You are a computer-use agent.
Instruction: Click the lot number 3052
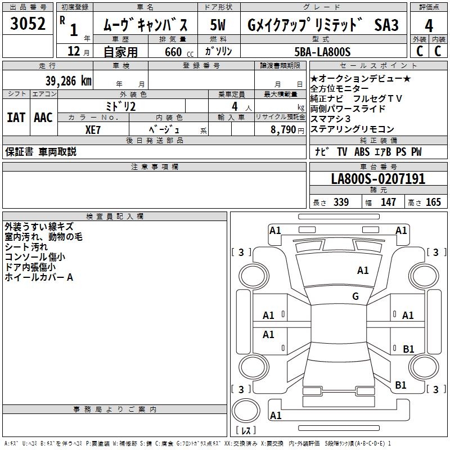pos(28,24)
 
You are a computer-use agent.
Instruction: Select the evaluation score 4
pos(429,25)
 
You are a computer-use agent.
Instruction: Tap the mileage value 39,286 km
pos(68,81)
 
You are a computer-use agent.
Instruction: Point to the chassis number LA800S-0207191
pos(378,179)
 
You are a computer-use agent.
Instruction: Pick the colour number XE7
pos(93,129)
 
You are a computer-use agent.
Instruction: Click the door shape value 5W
pos(219,25)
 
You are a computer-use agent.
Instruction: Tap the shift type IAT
pos(16,118)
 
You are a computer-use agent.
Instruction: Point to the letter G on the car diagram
pos(355,296)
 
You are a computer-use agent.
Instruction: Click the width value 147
pos(388,202)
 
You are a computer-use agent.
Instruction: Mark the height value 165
pos(433,202)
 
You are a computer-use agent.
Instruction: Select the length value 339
pos(341,202)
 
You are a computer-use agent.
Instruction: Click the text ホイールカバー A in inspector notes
pos(39,277)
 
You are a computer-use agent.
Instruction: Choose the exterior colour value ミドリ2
pos(121,106)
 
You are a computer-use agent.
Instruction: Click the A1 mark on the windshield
pos(363,271)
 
